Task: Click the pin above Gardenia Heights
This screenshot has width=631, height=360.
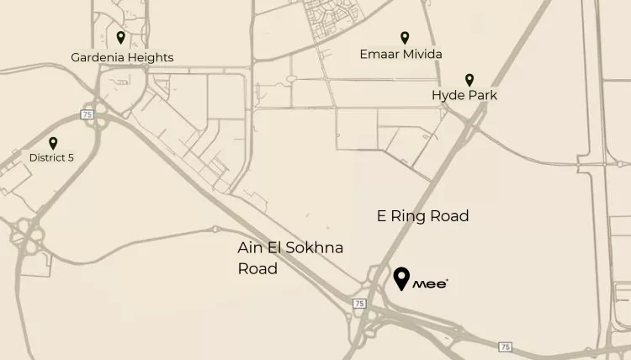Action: click(x=121, y=38)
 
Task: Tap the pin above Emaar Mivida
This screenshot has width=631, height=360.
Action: click(x=405, y=37)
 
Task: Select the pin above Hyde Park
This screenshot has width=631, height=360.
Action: click(x=469, y=79)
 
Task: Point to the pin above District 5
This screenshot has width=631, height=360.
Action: click(x=53, y=143)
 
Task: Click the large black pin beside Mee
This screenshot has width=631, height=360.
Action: click(x=402, y=278)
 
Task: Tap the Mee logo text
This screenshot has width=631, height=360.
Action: click(x=430, y=284)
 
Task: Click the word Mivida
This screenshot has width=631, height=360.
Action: click(x=422, y=55)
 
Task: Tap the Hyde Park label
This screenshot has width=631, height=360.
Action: click(x=464, y=96)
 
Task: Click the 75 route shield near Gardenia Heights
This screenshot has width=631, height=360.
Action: click(x=87, y=114)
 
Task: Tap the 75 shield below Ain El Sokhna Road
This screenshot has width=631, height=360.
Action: click(x=359, y=303)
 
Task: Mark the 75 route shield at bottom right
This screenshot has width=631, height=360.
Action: click(x=504, y=347)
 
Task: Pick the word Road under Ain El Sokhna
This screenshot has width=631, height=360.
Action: click(x=257, y=269)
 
